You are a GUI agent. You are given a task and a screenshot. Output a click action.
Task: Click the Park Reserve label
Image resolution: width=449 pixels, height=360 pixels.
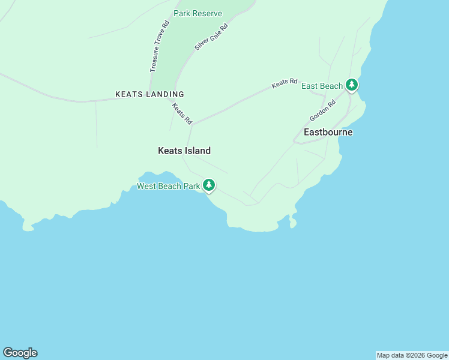pyautogui.click(x=197, y=13)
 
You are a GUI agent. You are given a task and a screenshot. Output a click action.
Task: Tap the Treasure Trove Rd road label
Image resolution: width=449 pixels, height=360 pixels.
pyautogui.click(x=160, y=47)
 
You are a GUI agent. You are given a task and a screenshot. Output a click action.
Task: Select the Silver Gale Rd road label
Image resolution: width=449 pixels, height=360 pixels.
pyautogui.click(x=212, y=37)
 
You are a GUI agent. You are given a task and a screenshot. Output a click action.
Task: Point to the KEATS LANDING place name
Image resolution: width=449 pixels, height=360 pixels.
pyautogui.click(x=149, y=94)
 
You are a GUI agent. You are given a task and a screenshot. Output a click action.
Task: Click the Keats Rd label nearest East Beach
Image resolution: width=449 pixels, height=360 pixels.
pyautogui.click(x=285, y=83)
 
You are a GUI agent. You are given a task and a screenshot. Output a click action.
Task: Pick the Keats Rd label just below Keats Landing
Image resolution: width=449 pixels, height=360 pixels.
pyautogui.click(x=181, y=114)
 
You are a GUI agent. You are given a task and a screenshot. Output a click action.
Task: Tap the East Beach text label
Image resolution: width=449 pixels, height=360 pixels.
pyautogui.click(x=322, y=86)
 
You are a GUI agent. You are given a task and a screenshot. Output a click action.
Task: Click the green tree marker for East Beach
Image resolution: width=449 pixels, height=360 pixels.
pyautogui.click(x=352, y=85)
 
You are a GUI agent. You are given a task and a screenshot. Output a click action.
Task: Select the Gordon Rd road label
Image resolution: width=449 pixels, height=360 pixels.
pyautogui.click(x=323, y=110)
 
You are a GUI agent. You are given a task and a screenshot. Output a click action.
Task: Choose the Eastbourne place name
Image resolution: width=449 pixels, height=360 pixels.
pyautogui.click(x=328, y=132)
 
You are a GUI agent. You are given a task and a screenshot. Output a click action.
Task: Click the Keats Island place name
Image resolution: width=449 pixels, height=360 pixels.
pyautogui.click(x=184, y=151)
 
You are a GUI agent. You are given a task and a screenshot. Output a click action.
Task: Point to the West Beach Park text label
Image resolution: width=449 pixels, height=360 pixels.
pyautogui.click(x=168, y=186)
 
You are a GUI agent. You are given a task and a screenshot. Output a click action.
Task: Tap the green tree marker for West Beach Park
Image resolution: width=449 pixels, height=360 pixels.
pyautogui.click(x=209, y=185)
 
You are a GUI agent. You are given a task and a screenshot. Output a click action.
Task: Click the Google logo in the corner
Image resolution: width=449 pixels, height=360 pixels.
pyautogui.click(x=20, y=353)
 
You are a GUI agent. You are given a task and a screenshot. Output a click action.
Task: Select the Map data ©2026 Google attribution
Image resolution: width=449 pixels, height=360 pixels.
pyautogui.click(x=412, y=355)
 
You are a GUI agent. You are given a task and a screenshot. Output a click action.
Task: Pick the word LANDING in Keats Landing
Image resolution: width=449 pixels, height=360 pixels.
pyautogui.click(x=165, y=94)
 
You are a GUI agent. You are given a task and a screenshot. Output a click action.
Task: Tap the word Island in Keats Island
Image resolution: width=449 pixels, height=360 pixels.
pyautogui.click(x=197, y=151)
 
